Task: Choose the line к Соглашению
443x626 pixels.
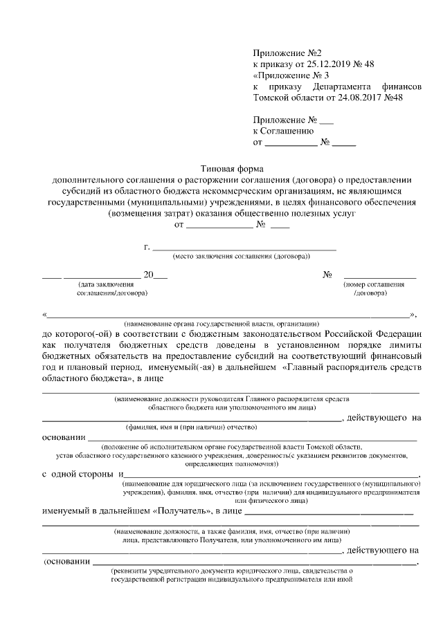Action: coord(283,131)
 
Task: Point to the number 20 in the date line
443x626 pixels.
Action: coord(148,275)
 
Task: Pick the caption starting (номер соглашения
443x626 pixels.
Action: coord(374,284)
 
